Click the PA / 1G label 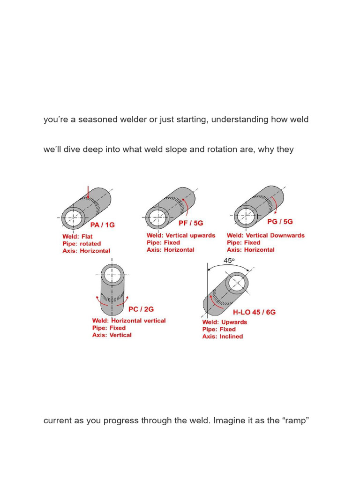click(102, 225)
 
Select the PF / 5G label click(190, 224)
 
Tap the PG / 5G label click(279, 222)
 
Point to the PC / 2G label click(141, 309)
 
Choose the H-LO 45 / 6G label click(254, 312)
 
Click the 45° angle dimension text click(229, 261)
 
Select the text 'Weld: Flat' click(78, 237)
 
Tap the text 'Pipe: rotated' click(82, 244)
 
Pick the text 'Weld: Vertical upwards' click(181, 235)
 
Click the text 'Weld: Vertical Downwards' click(265, 235)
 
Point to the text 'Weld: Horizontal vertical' click(129, 321)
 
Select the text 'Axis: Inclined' click(223, 336)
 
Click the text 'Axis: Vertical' click(112, 335)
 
